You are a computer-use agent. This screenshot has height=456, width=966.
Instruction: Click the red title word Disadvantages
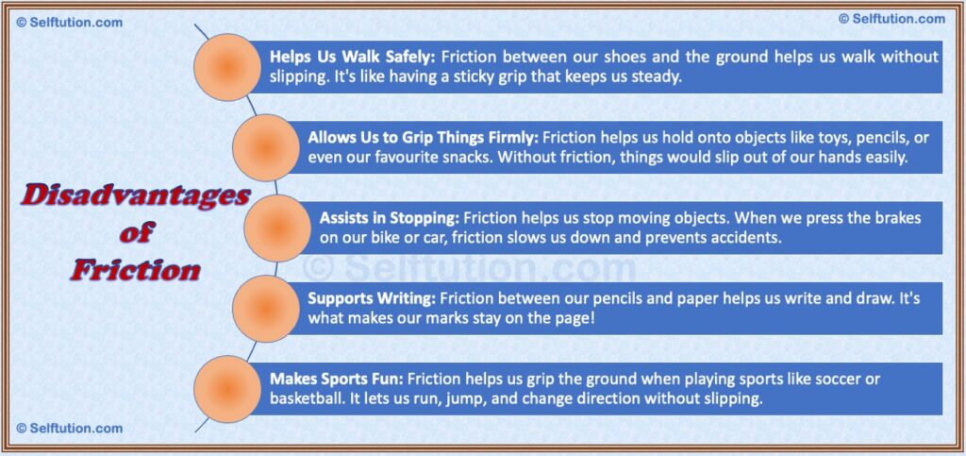(x=137, y=196)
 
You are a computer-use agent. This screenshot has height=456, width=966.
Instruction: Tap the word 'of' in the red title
(x=137, y=232)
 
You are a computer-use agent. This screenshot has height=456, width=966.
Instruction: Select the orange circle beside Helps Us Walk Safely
(x=226, y=67)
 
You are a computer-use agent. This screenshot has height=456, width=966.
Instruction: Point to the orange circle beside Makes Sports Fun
(x=226, y=388)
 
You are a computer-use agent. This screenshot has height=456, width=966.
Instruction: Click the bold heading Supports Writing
(x=369, y=298)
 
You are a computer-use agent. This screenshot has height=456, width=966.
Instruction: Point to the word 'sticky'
(x=503, y=76)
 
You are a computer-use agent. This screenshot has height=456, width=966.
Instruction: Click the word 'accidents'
(x=747, y=238)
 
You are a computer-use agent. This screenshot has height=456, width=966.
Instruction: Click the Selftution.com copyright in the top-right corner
(x=891, y=19)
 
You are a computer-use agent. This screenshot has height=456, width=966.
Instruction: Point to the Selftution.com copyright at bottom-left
(x=70, y=429)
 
